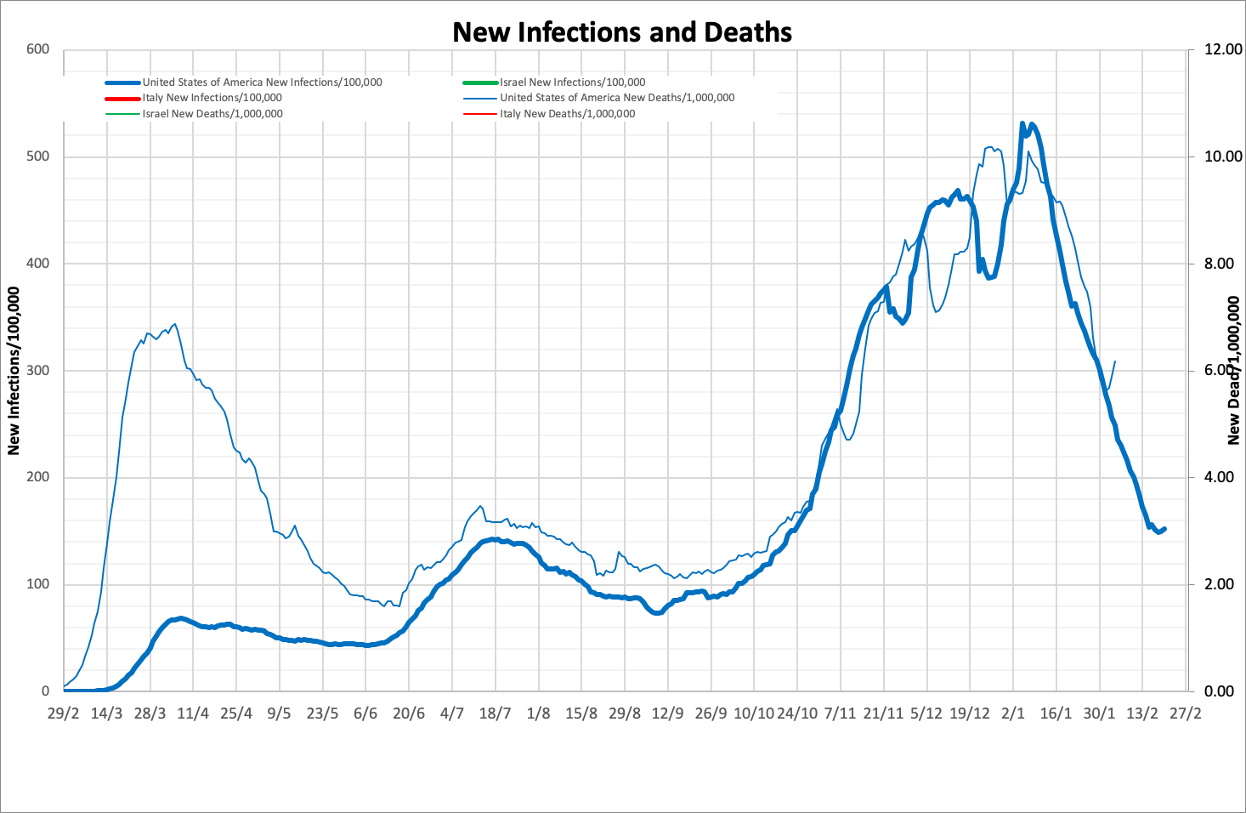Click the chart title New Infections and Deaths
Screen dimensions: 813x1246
[x=622, y=32]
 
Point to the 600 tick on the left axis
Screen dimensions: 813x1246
[x=38, y=49]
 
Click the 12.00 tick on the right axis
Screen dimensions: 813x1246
[x=1223, y=49]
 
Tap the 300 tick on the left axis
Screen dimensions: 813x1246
[x=38, y=371]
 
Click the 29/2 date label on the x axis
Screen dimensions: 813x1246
[x=64, y=714]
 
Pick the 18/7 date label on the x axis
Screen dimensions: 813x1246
[x=495, y=714]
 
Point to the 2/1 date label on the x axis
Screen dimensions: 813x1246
[x=1012, y=714]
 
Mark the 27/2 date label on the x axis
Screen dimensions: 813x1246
[x=1186, y=714]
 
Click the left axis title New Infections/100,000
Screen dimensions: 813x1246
[x=14, y=371]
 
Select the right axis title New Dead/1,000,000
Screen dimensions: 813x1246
[x=1234, y=371]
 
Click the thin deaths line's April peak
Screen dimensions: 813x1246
[x=175, y=324]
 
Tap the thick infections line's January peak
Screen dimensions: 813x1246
[x=1022, y=124]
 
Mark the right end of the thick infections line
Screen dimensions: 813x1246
[x=1164, y=529]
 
